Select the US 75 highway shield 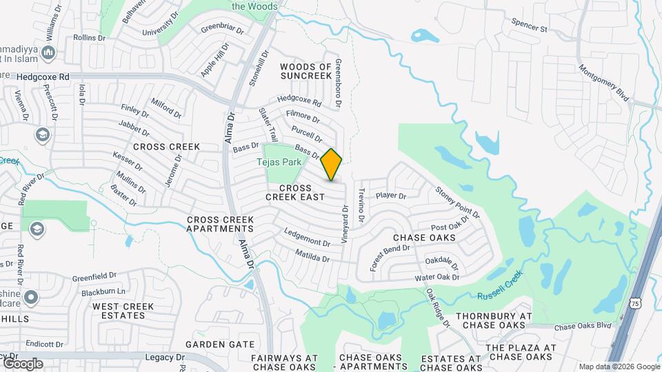pos(636,302)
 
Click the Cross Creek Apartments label pos(220,224)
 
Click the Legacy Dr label pos(165,357)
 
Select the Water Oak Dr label pos(437,278)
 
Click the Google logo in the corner pos(22,363)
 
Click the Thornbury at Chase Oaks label pos(494,320)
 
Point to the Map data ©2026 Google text pos(619,366)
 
